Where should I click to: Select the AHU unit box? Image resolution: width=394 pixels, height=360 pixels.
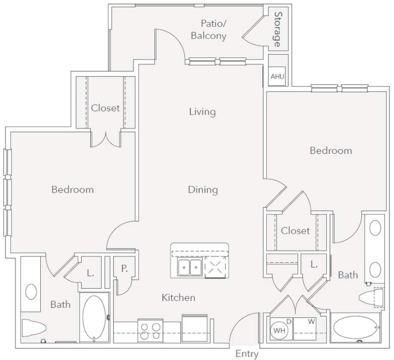tap(277, 77)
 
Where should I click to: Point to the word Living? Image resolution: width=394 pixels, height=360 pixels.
tap(202, 111)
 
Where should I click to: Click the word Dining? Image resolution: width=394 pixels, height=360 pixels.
tap(203, 190)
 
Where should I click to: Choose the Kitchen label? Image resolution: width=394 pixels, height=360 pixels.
tap(178, 297)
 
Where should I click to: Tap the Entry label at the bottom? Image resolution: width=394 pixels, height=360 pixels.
tap(247, 354)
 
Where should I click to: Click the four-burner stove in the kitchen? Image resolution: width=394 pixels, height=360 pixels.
tap(150, 331)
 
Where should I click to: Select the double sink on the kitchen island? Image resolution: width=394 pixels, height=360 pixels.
tap(190, 267)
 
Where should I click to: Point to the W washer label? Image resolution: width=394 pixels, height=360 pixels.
tap(311, 321)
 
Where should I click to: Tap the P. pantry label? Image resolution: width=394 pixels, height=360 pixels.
tap(124, 269)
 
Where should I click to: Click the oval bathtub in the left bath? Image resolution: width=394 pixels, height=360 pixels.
tap(94, 318)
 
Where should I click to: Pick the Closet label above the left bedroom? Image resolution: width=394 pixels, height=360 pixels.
tap(105, 108)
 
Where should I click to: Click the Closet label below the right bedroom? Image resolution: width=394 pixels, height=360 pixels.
tap(295, 230)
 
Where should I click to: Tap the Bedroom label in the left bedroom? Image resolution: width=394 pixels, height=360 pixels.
tap(73, 190)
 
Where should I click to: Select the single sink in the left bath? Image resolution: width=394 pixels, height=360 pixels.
tap(31, 291)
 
